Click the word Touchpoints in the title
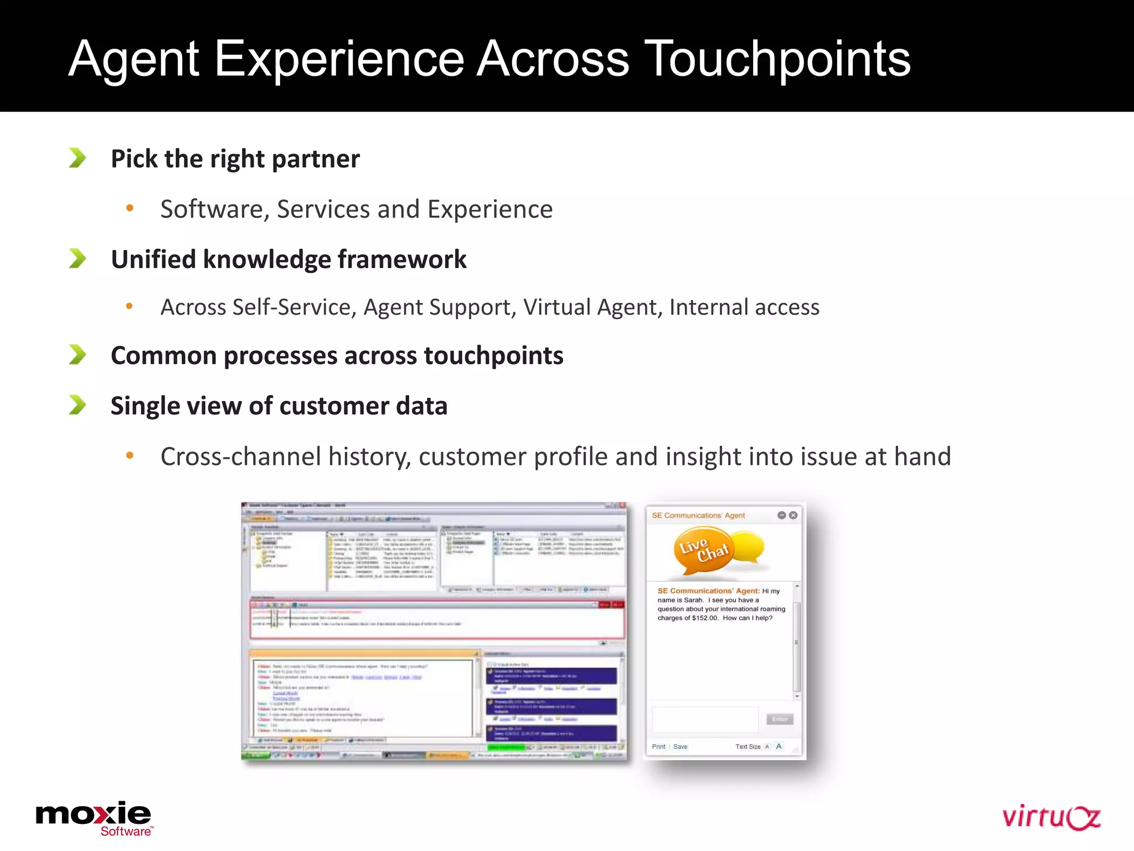click(x=777, y=59)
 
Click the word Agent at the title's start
click(x=133, y=59)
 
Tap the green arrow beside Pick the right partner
click(x=78, y=158)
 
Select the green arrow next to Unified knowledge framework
click(x=78, y=258)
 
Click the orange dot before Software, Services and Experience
click(x=130, y=208)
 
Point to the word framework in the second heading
click(x=402, y=259)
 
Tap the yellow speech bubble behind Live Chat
click(x=749, y=546)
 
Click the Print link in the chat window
click(x=658, y=747)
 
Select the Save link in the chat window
click(x=680, y=747)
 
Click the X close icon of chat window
click(x=793, y=515)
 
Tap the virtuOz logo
click(x=1050, y=817)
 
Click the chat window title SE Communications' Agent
click(x=698, y=515)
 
